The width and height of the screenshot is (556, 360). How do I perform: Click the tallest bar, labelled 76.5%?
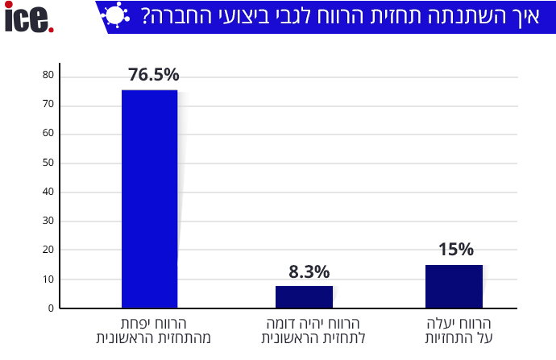[149, 198]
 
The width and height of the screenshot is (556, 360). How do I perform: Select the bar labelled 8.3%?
[304, 297]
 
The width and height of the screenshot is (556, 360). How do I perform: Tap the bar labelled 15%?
[454, 286]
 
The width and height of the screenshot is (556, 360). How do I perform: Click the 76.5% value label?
[153, 75]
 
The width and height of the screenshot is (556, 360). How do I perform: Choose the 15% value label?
[456, 249]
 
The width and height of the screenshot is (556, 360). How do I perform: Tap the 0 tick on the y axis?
[51, 308]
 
